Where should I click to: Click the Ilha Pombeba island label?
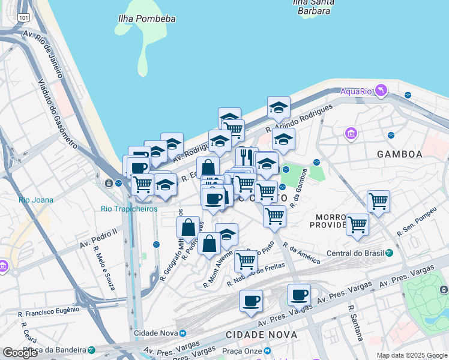147,19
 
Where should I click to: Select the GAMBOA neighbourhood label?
399,154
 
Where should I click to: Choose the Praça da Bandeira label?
55,349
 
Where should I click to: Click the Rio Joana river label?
36,200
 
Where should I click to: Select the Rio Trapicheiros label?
129,209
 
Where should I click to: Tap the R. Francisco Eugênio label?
49,311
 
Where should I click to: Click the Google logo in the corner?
20,352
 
